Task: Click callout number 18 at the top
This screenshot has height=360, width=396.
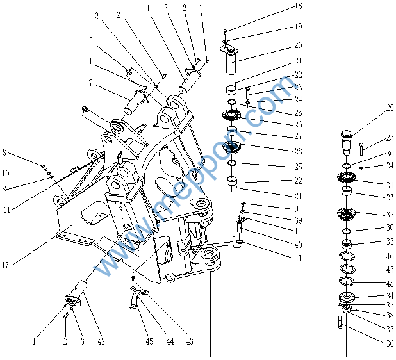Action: click(x=298, y=6)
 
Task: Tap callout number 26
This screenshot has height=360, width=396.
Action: click(x=298, y=124)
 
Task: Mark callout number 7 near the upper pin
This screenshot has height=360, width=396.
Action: click(x=91, y=83)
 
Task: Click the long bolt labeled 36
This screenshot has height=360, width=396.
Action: click(x=340, y=319)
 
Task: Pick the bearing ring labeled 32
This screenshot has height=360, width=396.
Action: click(x=347, y=215)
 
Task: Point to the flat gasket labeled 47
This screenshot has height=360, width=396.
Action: click(x=347, y=269)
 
